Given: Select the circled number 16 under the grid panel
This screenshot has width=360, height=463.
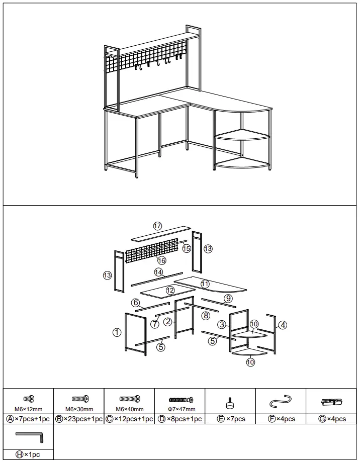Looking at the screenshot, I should click(161, 260).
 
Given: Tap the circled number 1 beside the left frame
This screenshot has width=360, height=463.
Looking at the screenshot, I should click(117, 332).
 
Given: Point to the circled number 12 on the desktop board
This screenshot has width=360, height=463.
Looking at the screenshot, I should click(170, 290).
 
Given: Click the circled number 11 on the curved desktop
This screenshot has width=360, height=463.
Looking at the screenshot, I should click(205, 284).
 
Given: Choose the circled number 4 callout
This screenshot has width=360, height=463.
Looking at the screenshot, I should click(283, 325).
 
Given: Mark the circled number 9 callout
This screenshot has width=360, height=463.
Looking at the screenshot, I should click(228, 298).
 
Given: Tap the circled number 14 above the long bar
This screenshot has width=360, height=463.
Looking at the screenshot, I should click(159, 272).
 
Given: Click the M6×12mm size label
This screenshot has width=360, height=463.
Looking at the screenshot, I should click(29, 409).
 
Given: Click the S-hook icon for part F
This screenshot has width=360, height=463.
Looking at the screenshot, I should click(281, 401).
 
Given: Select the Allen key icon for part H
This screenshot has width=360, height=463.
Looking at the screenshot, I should click(30, 435).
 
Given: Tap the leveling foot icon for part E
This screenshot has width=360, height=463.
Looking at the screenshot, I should click(230, 401).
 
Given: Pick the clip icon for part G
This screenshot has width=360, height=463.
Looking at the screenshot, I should click(332, 402).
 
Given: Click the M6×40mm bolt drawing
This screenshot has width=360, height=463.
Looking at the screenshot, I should click(129, 399).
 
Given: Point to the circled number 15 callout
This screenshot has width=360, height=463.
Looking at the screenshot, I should click(187, 248).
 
